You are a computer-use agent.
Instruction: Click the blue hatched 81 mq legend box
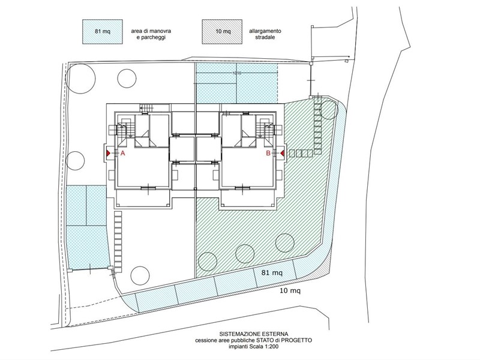point(102,32)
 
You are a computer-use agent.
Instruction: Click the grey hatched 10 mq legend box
point(222,32)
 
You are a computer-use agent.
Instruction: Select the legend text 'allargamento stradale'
point(265,34)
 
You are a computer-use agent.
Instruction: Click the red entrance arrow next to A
point(109,153)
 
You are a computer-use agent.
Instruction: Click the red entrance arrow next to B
point(282,153)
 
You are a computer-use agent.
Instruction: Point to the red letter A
point(123,154)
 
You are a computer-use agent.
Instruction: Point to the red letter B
point(268,154)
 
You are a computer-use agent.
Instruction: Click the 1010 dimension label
point(236,73)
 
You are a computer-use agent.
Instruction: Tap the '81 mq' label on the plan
point(272,272)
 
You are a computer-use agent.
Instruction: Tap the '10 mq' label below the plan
point(290,290)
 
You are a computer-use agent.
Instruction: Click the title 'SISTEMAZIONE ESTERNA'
point(254,334)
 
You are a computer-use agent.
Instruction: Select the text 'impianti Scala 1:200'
point(253,347)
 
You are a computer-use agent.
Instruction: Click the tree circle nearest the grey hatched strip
point(284,243)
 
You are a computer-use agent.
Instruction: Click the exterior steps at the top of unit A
point(146,107)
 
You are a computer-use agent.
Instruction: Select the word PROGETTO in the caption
point(296,340)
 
